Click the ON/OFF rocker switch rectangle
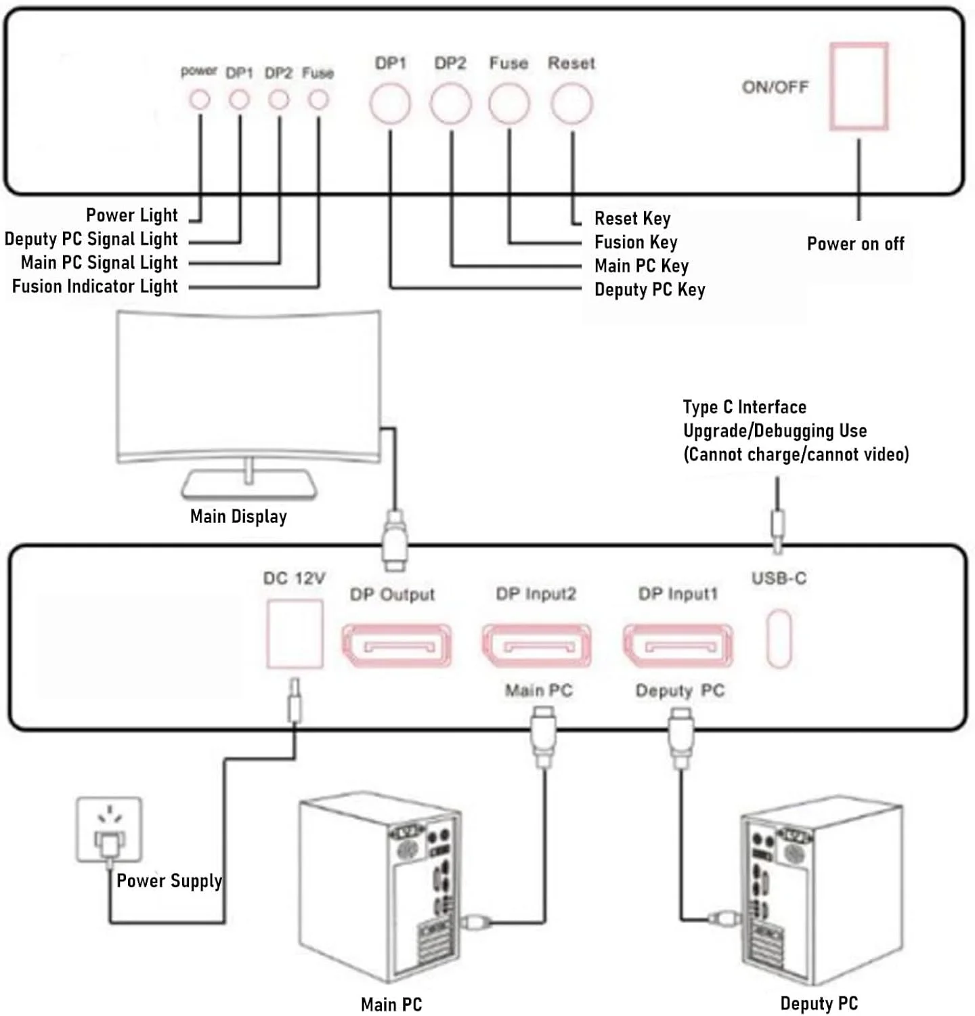pos(859,86)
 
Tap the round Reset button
pos(571,104)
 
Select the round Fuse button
pos(508,104)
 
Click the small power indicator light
pos(199,100)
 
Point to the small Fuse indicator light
pos(318,100)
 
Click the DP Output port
pos(396,645)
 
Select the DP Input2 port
pos(536,645)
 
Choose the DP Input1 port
pos(677,645)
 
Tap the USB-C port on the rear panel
pos(779,638)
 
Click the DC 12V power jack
pos(295,634)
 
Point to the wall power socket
pos(109,830)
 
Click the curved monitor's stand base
pos(249,485)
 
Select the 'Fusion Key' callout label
pos(636,242)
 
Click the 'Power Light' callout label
pos(131,215)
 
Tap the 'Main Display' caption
pos(238,517)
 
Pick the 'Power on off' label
pos(855,244)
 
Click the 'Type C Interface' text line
pos(744,407)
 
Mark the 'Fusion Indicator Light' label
pos(95,287)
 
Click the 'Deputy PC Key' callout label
pos(649,290)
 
